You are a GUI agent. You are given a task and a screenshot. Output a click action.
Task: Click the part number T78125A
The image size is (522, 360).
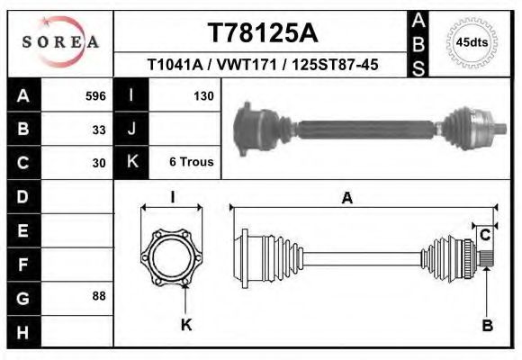(262, 33)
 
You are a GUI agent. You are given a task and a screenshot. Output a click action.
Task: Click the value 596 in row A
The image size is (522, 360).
(95, 95)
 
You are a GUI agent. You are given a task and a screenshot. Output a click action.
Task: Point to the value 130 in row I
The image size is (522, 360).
(202, 95)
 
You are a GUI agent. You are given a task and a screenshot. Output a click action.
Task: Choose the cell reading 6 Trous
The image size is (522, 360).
(191, 163)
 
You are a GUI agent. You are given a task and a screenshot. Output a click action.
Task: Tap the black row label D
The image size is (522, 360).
(22, 196)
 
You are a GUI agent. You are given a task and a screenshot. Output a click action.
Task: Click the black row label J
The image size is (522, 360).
(132, 129)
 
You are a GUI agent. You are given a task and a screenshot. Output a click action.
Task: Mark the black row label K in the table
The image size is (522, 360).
(132, 163)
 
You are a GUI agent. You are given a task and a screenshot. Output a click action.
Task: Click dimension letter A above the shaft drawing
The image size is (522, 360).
(346, 200)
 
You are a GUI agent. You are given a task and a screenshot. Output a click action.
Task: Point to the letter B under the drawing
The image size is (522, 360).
(487, 326)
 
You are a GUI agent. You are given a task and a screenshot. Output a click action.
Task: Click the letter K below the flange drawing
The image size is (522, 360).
(186, 326)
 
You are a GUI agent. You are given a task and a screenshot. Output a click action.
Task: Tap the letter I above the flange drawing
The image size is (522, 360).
(172, 198)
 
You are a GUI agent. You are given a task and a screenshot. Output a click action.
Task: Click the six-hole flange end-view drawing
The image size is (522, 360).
(172, 255)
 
